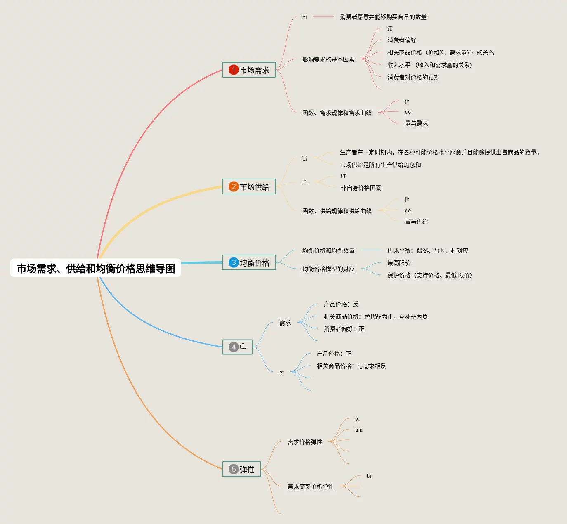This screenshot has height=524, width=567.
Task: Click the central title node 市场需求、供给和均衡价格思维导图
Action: tap(96, 269)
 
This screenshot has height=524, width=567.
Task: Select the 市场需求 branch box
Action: tap(249, 70)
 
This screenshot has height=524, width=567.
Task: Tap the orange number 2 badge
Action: tap(234, 187)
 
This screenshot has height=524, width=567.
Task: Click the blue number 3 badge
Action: tap(234, 263)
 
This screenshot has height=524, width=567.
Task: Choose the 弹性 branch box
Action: tap(241, 470)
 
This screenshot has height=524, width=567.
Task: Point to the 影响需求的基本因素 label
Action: tap(328, 59)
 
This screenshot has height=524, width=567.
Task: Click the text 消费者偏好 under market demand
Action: tap(402, 40)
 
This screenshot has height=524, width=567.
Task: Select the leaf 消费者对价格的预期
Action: tap(413, 77)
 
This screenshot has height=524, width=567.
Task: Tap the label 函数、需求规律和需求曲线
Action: tap(337, 113)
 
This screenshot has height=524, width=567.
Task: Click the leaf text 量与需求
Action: tap(416, 123)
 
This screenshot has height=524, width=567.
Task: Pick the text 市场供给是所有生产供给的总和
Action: tap(380, 165)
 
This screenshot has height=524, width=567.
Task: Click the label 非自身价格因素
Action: tap(361, 188)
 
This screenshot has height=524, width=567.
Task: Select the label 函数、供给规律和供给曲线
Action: tap(337, 211)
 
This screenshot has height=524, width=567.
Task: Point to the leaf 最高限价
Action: tap(399, 263)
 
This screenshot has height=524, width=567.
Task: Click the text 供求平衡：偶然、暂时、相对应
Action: tap(428, 250)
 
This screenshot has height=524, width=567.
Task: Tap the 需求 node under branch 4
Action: tap(285, 323)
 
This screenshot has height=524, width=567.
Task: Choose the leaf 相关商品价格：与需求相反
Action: tap(351, 366)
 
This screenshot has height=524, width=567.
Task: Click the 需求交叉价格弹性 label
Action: tap(310, 486)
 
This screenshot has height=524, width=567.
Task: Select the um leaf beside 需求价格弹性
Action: tap(359, 430)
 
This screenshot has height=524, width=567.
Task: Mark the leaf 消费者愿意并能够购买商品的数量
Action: tap(383, 17)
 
